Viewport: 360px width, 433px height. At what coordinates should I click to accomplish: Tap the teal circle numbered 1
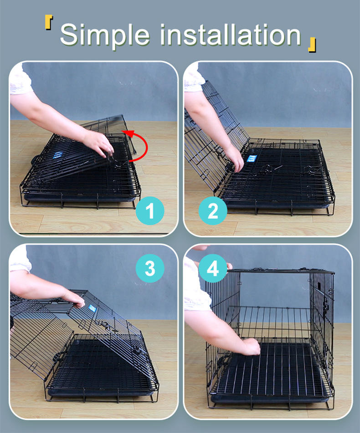(150, 210)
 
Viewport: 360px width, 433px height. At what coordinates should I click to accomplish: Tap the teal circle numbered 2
(213, 210)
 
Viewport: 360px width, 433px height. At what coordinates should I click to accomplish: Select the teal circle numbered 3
(150, 268)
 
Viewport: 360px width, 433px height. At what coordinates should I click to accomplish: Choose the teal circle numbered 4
(213, 268)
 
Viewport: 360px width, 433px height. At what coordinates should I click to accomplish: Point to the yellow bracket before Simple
(49, 23)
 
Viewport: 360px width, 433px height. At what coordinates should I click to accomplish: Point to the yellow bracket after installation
(312, 45)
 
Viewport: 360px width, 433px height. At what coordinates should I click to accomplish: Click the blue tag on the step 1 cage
(58, 155)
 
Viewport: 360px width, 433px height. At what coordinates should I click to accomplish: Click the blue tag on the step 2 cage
(252, 158)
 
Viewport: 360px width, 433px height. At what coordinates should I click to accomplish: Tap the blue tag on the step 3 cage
(93, 308)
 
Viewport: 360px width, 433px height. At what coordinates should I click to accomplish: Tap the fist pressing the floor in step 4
(250, 346)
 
